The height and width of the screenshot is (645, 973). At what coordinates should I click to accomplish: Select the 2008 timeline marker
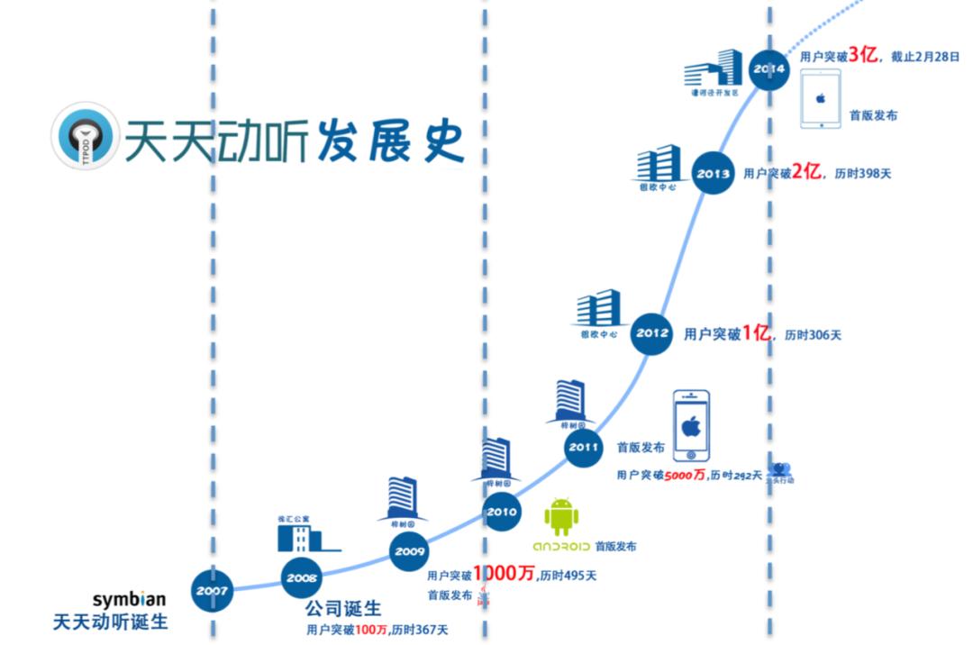point(302,578)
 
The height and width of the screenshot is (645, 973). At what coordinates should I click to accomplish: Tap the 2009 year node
point(410,551)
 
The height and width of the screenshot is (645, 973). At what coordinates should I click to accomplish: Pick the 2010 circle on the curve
point(502,512)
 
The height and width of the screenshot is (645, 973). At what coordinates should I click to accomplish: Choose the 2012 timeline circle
point(652,333)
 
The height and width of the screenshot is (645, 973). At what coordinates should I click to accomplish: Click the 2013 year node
point(714,173)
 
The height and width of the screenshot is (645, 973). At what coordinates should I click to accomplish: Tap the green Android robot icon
point(560,516)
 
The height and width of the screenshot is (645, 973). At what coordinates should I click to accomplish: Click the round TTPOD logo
point(86,136)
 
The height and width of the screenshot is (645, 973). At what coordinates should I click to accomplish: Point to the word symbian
point(129,600)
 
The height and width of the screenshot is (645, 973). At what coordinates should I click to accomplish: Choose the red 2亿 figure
point(806,172)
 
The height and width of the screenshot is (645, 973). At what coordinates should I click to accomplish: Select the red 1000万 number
point(504,575)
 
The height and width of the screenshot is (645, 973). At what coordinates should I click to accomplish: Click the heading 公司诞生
point(342,610)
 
